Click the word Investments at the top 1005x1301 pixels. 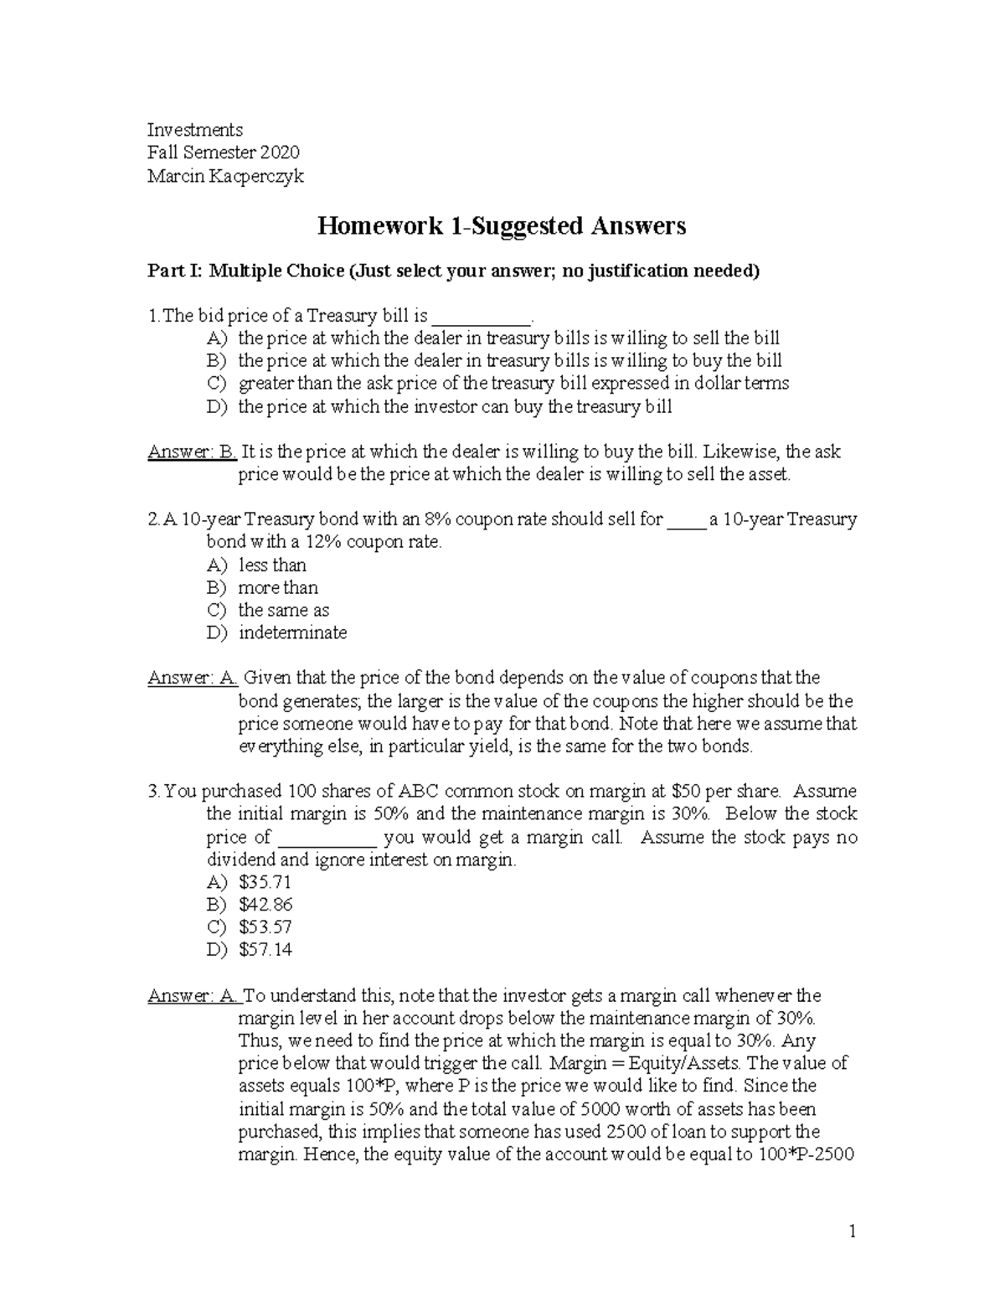195,130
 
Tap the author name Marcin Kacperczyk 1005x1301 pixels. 225,176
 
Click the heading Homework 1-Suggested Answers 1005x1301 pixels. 501,226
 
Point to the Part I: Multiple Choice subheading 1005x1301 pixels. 453,271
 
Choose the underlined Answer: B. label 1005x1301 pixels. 193,452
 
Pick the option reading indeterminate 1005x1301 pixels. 292,632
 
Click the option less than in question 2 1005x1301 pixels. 272,565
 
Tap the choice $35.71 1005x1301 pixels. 265,881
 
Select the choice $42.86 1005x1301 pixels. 265,904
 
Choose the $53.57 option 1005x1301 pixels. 265,927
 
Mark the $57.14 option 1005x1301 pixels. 265,949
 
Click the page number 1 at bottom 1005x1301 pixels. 852,1231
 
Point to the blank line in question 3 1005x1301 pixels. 326,838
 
